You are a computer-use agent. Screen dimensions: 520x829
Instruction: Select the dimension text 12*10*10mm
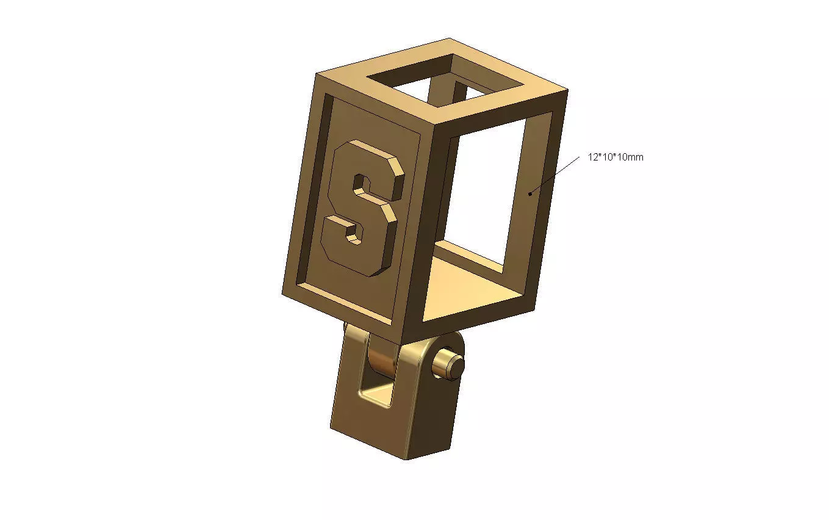[615, 157]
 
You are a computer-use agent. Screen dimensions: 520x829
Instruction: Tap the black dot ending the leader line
[531, 194]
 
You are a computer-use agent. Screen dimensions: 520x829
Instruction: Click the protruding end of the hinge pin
[451, 366]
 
